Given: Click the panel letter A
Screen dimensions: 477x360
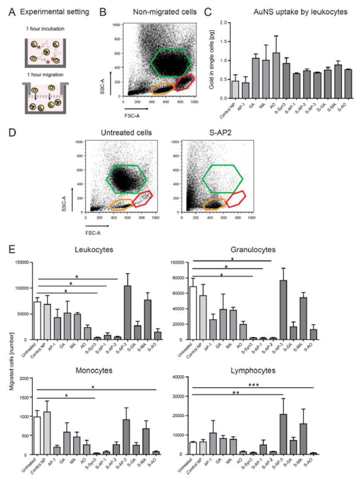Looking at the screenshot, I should pyautogui.click(x=12, y=12).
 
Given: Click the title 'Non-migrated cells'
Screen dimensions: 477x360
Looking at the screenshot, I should pyautogui.click(x=165, y=12).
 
